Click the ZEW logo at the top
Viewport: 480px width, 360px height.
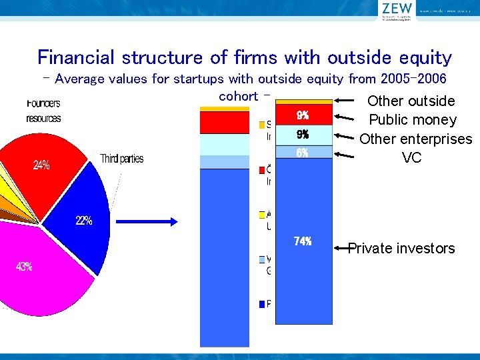(397, 11)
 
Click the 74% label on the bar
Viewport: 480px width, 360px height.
(303, 241)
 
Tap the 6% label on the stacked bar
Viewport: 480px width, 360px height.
(303, 153)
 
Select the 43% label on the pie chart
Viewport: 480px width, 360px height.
(24, 267)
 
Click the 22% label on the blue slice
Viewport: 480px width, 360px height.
(83, 221)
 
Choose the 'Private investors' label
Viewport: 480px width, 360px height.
(401, 249)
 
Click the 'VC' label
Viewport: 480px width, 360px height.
(411, 158)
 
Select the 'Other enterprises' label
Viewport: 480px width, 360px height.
(415, 139)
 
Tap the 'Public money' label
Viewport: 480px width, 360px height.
(413, 121)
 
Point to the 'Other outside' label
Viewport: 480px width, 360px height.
(411, 101)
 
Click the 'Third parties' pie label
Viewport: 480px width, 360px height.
(121, 159)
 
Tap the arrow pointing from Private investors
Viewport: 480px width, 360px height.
(341, 248)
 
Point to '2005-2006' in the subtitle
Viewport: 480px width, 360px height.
(413, 79)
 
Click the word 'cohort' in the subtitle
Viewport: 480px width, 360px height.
(238, 96)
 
